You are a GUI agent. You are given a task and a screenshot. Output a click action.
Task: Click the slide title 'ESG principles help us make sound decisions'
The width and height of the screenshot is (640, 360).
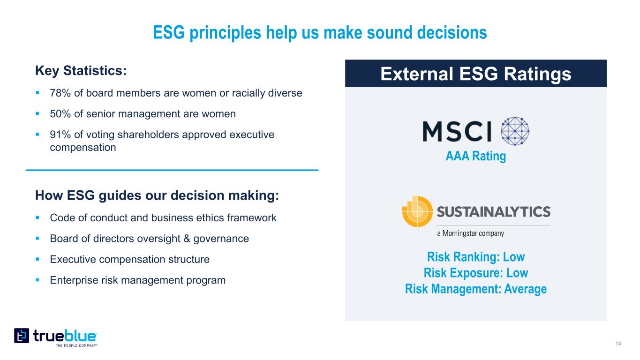(320, 32)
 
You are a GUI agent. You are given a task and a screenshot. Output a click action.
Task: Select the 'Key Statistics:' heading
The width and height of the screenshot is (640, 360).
(81, 71)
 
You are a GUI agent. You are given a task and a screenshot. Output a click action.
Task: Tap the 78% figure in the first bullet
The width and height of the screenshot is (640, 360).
(60, 93)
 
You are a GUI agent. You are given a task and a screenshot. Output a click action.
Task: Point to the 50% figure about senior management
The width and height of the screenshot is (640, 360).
(60, 114)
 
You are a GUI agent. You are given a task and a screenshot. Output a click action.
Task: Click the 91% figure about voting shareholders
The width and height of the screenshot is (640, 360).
(60, 135)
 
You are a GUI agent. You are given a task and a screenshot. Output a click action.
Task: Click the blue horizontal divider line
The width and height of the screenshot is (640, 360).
(172, 170)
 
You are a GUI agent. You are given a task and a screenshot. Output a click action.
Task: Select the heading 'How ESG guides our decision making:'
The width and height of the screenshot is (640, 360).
(157, 196)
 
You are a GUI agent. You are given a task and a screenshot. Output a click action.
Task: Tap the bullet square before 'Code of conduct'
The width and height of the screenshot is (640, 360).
(38, 217)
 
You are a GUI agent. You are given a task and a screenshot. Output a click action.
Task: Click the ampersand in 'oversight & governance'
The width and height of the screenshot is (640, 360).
(187, 239)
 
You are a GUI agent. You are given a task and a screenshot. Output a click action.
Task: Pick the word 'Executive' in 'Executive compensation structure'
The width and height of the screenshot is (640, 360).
(73, 259)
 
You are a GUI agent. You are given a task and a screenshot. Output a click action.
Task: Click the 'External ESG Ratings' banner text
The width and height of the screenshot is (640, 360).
(476, 74)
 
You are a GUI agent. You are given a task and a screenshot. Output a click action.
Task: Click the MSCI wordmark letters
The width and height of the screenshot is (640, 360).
(457, 131)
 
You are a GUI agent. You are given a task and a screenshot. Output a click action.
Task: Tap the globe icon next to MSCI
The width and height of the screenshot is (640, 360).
(515, 131)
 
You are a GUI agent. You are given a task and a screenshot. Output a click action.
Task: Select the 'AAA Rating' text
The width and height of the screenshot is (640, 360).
(476, 156)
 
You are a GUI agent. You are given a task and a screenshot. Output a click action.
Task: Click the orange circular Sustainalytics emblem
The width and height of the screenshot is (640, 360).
(417, 212)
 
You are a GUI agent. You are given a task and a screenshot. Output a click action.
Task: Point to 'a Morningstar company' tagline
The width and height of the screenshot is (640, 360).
(471, 233)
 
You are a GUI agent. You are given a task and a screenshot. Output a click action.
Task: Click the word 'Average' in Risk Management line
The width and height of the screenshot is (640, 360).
(526, 289)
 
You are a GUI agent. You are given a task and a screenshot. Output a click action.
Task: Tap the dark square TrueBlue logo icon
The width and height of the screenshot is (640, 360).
(22, 336)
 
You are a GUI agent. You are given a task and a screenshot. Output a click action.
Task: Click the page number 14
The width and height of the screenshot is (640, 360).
(618, 344)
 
